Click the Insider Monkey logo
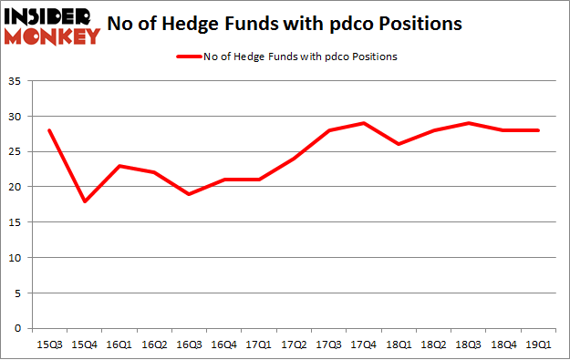point(53,26)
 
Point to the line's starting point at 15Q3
point(49,130)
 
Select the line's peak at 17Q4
point(363,123)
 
